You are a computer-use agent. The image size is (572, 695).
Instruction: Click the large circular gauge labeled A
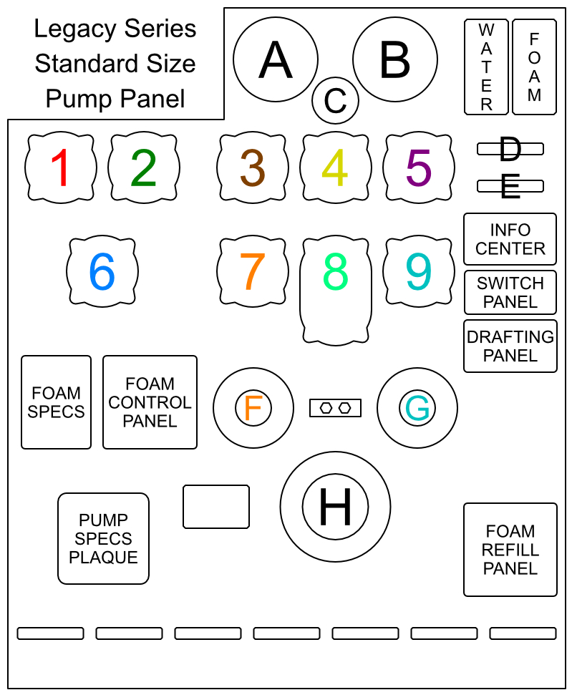(276, 59)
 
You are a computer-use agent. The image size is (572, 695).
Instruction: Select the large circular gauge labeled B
(394, 59)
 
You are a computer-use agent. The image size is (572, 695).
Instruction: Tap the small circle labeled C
(335, 101)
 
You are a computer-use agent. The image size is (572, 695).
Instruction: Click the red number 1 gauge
(61, 167)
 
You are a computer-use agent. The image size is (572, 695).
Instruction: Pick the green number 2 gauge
(144, 167)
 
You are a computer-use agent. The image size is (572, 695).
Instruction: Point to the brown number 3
(253, 167)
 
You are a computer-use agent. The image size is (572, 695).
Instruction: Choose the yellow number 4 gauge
(335, 167)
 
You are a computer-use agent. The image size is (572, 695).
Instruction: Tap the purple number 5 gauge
(419, 167)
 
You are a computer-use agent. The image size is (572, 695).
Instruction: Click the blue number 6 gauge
(102, 271)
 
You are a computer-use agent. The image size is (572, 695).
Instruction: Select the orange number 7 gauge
(253, 271)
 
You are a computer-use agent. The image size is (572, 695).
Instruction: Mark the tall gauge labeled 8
(335, 291)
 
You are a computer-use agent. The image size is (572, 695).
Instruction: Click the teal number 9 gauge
(419, 271)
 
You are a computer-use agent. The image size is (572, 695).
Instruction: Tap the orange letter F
(253, 407)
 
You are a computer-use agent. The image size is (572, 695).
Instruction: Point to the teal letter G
(417, 408)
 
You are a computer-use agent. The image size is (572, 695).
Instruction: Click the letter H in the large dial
(335, 507)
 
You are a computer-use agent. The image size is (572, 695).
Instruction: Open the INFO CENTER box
(510, 239)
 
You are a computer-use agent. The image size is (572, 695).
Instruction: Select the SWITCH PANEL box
(510, 292)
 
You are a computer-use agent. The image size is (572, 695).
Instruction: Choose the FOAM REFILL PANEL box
(510, 550)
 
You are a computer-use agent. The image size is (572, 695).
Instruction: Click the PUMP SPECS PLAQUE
(103, 538)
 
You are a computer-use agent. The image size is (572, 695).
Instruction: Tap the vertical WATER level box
(486, 67)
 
